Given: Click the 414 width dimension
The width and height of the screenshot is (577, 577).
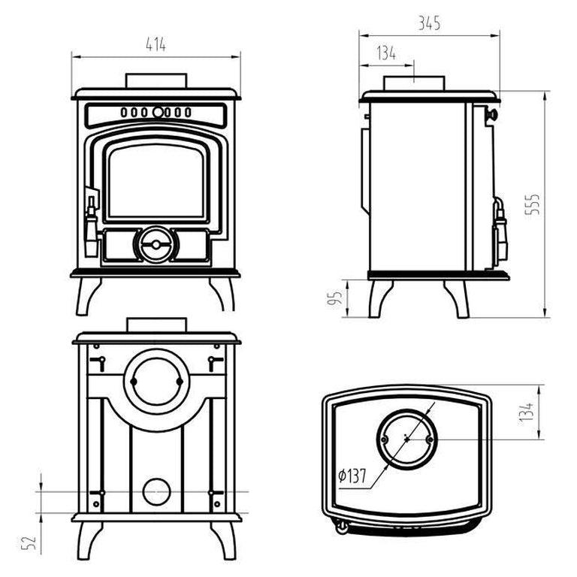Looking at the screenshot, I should [156, 45].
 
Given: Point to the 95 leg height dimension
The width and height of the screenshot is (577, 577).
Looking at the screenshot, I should [337, 298].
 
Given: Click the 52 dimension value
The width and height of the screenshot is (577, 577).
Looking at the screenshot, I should [30, 542].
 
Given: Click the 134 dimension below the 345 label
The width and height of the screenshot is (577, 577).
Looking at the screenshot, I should [386, 53].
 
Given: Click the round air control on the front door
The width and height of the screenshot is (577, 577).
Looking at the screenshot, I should [156, 244].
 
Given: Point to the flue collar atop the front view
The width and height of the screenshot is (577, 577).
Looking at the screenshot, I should [156, 80].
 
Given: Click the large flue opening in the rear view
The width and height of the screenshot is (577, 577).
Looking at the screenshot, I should [156, 380].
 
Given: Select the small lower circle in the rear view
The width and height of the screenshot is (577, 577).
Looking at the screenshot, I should [157, 492].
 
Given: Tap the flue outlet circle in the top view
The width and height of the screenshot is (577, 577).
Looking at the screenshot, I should [406, 437].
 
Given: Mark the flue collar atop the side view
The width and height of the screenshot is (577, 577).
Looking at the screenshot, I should [415, 83].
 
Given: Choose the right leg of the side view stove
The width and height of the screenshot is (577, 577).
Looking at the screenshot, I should [457, 298].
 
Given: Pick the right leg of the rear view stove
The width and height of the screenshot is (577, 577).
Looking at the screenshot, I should [224, 539].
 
